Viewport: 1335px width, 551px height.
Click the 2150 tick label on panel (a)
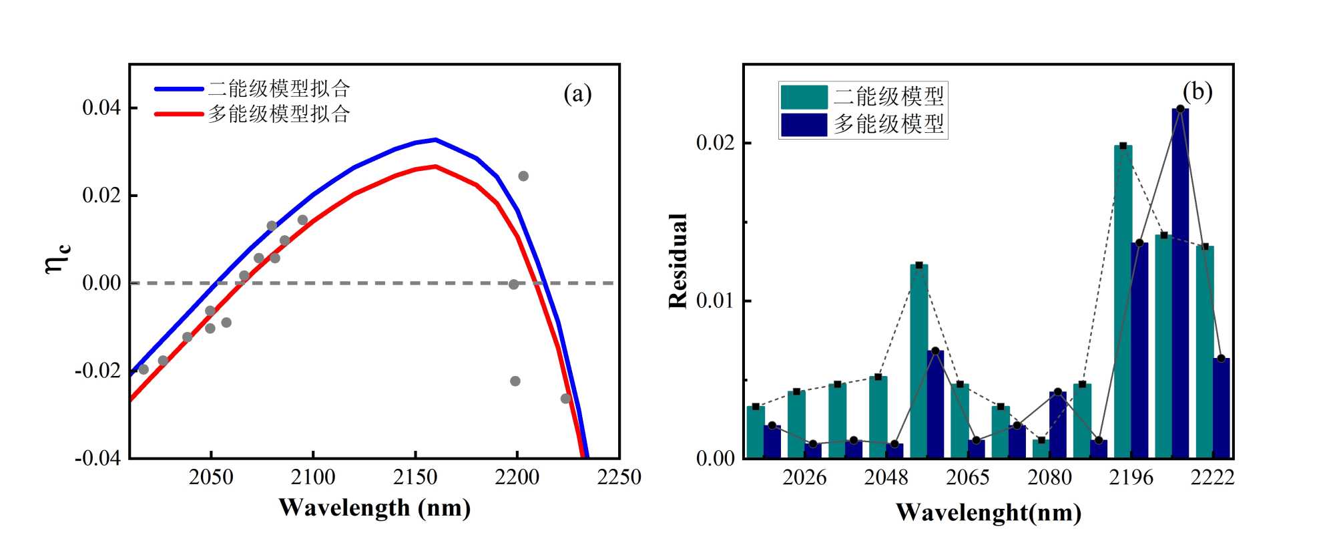pos(415,478)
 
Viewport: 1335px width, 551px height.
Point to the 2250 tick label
pos(619,478)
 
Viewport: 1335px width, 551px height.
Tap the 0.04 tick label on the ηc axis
pos(101,108)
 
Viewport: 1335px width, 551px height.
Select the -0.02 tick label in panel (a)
pos(98,371)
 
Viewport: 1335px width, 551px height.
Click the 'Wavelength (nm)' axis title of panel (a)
pos(374,508)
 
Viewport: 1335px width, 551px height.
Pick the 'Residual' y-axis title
pos(678,261)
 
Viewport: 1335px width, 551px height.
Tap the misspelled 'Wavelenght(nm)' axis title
pos(989,513)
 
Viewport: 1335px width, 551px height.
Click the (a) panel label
pos(577,94)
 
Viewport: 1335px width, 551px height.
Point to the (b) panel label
pos(1197,91)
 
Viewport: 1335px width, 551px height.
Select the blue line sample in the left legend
pos(179,89)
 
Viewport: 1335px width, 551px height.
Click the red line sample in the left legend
pos(179,114)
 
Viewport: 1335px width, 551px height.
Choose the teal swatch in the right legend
pos(804,97)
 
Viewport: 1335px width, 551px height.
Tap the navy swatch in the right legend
pos(804,124)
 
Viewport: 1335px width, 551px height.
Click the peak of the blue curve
pos(435,140)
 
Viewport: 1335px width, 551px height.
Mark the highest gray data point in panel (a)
pos(523,176)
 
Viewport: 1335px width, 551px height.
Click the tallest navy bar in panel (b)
pos(1180,281)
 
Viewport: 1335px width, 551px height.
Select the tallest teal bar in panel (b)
pos(1123,301)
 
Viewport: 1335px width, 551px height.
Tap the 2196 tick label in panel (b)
pos(1131,478)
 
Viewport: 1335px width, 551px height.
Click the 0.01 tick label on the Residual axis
pos(715,301)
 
